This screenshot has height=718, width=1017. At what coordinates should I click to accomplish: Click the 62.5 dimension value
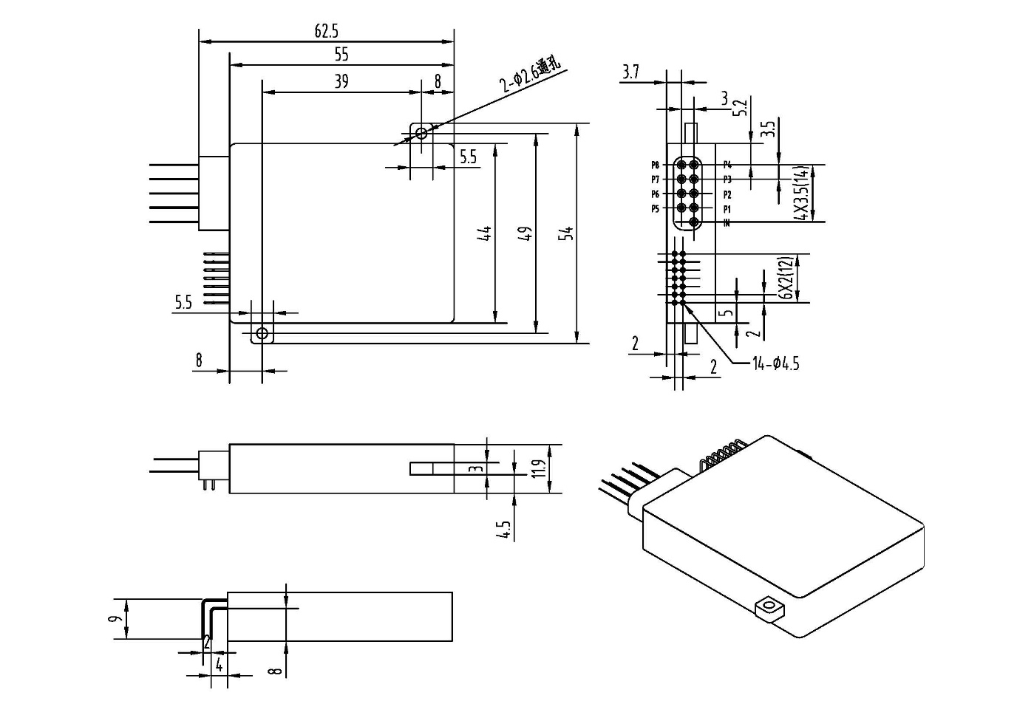pos(326,31)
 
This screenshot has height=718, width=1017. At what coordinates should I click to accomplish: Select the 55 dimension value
pos(341,55)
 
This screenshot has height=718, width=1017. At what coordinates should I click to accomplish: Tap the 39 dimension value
pos(341,81)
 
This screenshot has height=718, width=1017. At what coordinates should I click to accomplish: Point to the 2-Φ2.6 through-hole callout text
pos(530,76)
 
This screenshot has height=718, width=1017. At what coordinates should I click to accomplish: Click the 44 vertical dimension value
pos(485,235)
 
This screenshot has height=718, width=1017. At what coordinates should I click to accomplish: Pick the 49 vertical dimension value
pos(525,235)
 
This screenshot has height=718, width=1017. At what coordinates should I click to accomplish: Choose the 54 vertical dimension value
pos(567,233)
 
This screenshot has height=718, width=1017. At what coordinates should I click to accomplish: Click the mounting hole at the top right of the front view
pos(421,134)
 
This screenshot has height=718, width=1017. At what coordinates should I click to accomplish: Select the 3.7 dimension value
pos(630,72)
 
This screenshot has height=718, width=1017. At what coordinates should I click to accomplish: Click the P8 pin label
pos(656,165)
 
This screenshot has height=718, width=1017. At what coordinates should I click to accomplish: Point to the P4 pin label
pos(727,165)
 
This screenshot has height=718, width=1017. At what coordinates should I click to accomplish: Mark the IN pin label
pos(727,223)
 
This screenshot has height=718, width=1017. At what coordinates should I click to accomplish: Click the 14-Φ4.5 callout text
pos(775,363)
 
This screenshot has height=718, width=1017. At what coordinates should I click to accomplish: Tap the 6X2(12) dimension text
pos(786,278)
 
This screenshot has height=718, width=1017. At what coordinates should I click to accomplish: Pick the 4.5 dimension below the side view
pos(505,530)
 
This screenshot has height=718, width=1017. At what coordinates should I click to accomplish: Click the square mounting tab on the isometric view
pos(769,609)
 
